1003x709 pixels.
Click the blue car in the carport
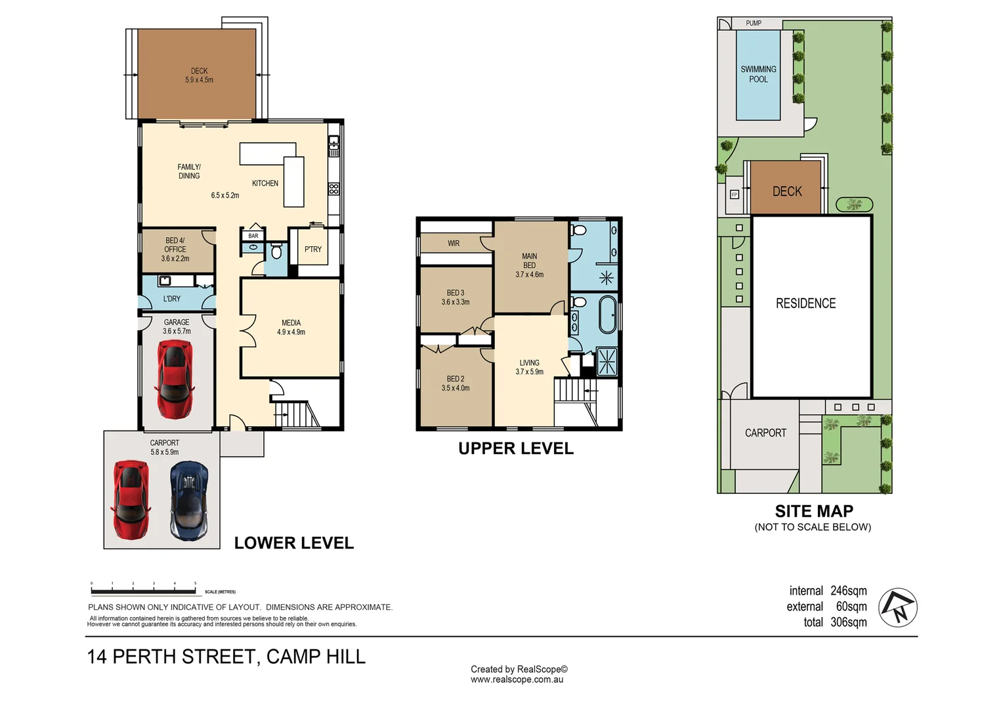(189, 500)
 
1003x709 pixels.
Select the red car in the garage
(175, 379)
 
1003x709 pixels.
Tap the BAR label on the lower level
(253, 236)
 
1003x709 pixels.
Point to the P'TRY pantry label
(313, 249)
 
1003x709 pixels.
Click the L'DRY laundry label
(171, 298)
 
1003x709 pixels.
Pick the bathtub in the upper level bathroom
(607, 314)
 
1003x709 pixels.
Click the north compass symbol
(898, 607)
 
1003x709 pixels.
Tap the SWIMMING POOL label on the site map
(758, 74)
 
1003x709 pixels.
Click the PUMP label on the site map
(754, 23)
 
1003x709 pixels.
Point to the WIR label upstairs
(454, 243)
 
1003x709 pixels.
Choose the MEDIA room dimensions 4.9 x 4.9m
(291, 332)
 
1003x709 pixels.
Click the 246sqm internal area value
(849, 591)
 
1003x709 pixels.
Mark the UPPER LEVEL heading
(516, 448)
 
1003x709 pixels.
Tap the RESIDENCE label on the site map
(805, 303)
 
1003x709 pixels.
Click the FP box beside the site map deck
(735, 194)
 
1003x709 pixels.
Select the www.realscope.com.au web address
(517, 679)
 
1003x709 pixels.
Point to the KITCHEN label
(265, 183)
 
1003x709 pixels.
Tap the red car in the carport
(131, 500)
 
